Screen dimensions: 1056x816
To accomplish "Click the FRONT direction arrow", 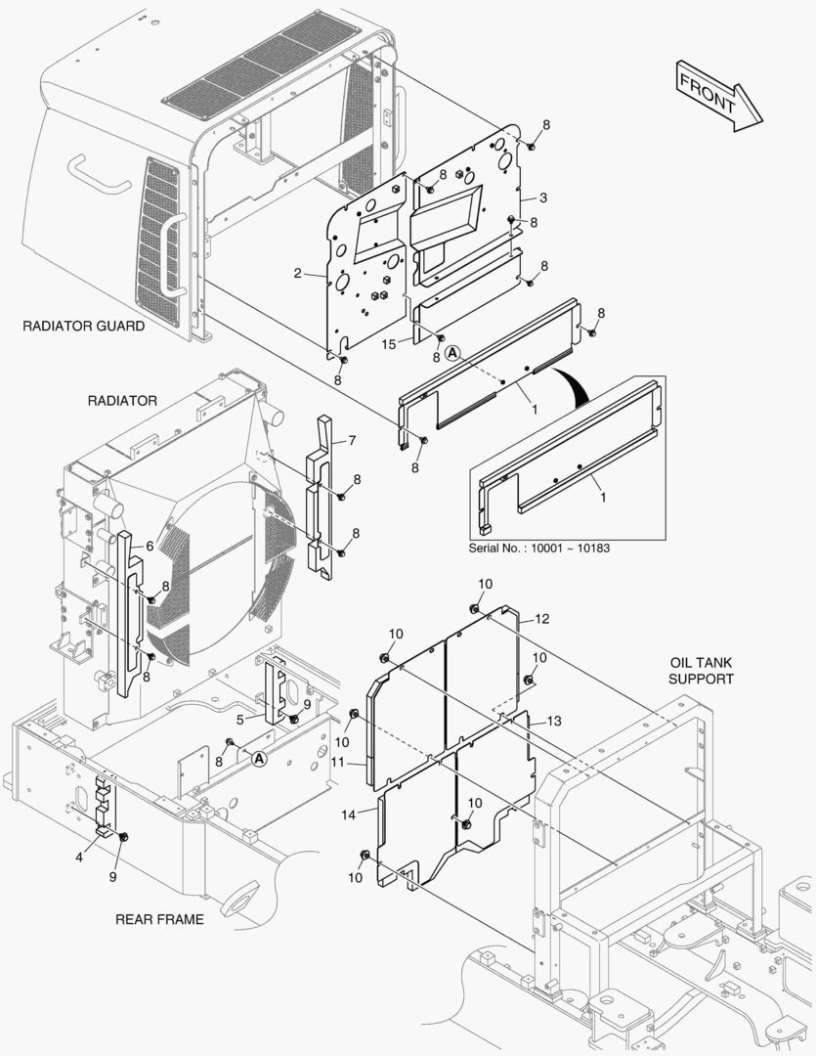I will (718, 94).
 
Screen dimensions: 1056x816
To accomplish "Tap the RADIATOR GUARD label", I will (83, 326).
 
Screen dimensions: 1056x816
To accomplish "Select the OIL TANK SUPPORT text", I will (700, 670).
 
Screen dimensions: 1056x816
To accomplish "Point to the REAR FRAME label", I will (159, 919).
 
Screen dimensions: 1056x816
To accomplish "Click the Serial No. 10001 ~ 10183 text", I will (545, 547).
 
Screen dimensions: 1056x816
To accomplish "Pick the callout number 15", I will (388, 343).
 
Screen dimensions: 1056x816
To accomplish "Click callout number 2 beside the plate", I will (297, 274).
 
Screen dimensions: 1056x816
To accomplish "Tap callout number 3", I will (542, 198).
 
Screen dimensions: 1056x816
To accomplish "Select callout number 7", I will (352, 440).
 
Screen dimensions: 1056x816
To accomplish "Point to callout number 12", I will (542, 618).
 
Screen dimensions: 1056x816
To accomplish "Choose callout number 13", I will (553, 721).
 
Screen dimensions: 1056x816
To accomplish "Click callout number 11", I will (336, 761).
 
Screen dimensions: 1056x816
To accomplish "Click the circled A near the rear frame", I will (258, 758).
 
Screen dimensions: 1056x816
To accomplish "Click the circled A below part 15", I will (451, 353).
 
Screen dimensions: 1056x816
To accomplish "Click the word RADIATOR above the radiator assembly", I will (122, 401).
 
